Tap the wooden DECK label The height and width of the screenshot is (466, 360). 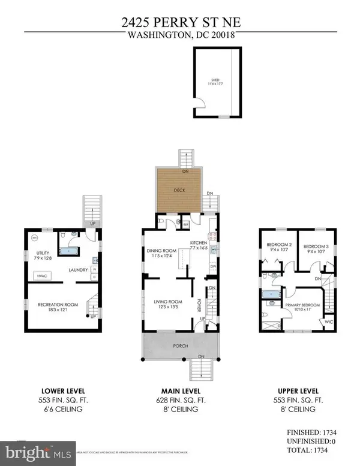tap(179, 191)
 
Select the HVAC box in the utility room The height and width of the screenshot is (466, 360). tap(43, 275)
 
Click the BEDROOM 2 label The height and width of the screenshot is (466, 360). tap(279, 246)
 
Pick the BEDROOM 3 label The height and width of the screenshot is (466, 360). tap(314, 246)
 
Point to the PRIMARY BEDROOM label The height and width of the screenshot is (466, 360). tap(306, 305)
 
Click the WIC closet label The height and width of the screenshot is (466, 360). tap(328, 322)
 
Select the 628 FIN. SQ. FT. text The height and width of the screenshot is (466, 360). tap(179, 400)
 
